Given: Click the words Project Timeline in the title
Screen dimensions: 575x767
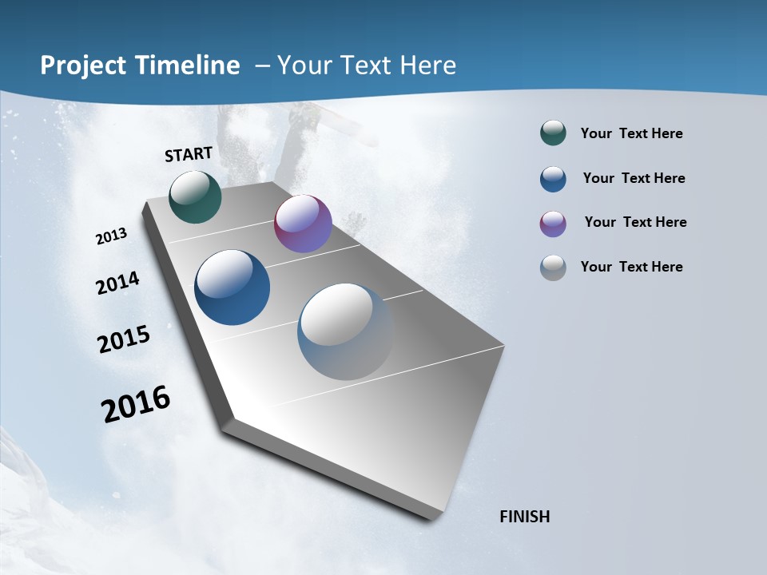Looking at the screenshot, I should [140, 65].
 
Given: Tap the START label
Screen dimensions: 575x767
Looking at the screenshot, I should [189, 154].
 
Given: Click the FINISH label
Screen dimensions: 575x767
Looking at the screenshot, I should [525, 517].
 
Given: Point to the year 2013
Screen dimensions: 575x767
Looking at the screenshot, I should [112, 236].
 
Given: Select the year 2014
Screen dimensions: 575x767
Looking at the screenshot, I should [118, 284].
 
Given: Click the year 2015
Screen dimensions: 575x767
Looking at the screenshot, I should [124, 339].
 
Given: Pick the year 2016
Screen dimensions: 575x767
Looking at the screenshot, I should [136, 404].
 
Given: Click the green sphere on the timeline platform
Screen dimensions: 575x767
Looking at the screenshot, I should [196, 196].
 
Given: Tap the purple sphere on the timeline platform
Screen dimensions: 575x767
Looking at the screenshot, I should [303, 224].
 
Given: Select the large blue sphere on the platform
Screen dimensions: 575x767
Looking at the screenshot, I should [232, 287].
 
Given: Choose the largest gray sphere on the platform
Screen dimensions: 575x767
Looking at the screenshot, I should [345, 331].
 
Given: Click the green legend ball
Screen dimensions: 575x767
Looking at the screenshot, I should [553, 133].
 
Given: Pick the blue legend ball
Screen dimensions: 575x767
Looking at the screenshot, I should [553, 179].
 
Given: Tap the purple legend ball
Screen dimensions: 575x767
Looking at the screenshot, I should [553, 224].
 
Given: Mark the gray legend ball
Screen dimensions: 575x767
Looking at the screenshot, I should [553, 268].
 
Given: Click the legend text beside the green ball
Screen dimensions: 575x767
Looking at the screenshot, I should [632, 133].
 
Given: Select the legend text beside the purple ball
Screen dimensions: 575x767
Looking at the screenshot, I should [635, 222].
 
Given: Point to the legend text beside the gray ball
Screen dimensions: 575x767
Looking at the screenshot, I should [632, 267].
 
